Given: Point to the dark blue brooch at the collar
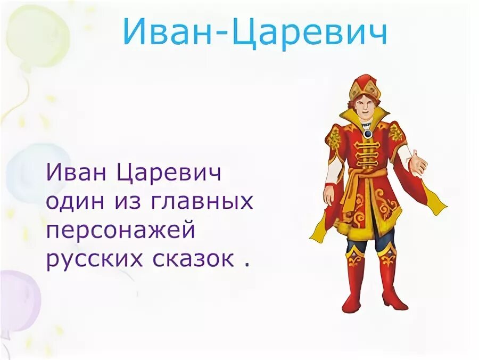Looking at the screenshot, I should click(x=367, y=134).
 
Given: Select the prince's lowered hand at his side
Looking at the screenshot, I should click(x=328, y=195).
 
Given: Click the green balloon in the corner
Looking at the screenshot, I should click(x=37, y=37).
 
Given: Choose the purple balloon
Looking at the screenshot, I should click(x=16, y=298).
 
